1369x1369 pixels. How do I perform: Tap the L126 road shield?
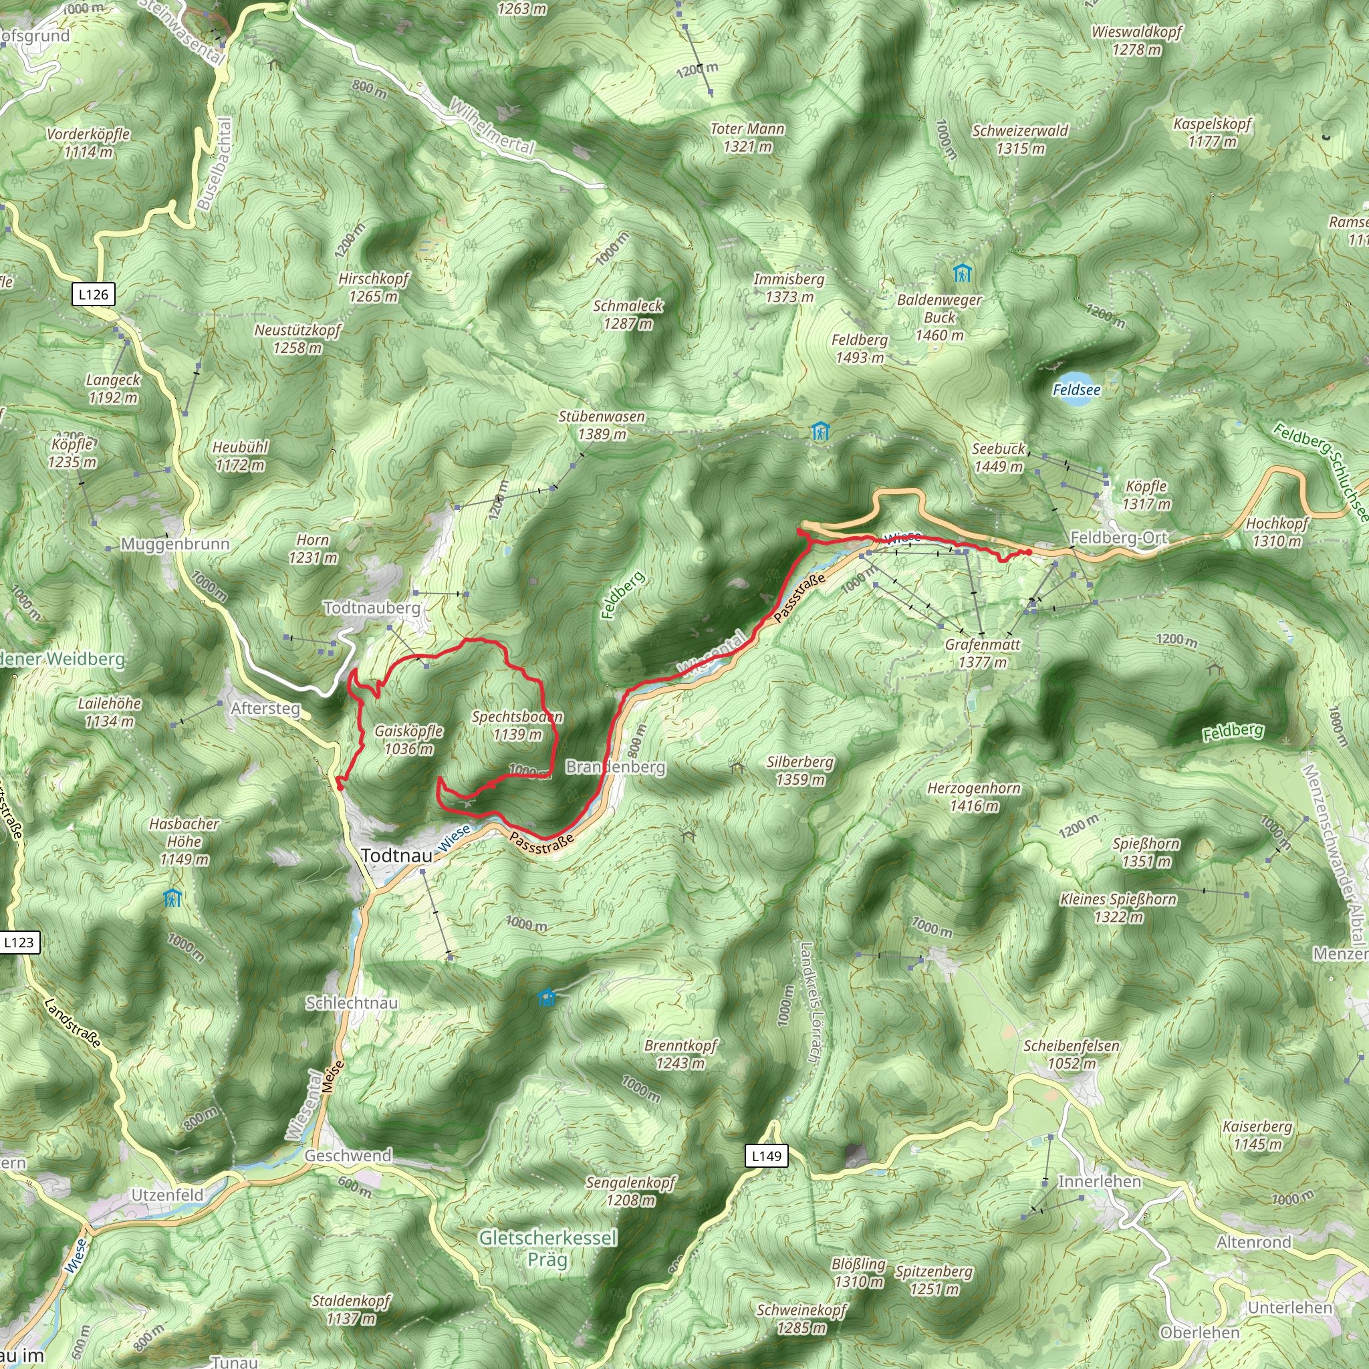94,294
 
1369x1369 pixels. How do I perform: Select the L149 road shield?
766,1156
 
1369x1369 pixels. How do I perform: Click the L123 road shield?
19,942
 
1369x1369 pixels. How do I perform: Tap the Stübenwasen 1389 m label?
602,425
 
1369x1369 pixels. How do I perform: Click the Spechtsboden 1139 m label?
517,725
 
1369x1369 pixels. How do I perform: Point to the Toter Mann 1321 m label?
747,138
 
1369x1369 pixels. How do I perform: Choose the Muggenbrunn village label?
175,544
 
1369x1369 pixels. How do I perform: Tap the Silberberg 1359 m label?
800,770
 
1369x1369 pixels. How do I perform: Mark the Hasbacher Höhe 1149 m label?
184,842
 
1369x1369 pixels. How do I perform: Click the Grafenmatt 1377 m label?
983,653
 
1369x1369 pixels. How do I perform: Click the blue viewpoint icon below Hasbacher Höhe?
173,898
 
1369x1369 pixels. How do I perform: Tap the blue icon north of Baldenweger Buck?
961,273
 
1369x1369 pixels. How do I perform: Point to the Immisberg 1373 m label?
789,287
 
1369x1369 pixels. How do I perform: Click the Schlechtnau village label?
352,1003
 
